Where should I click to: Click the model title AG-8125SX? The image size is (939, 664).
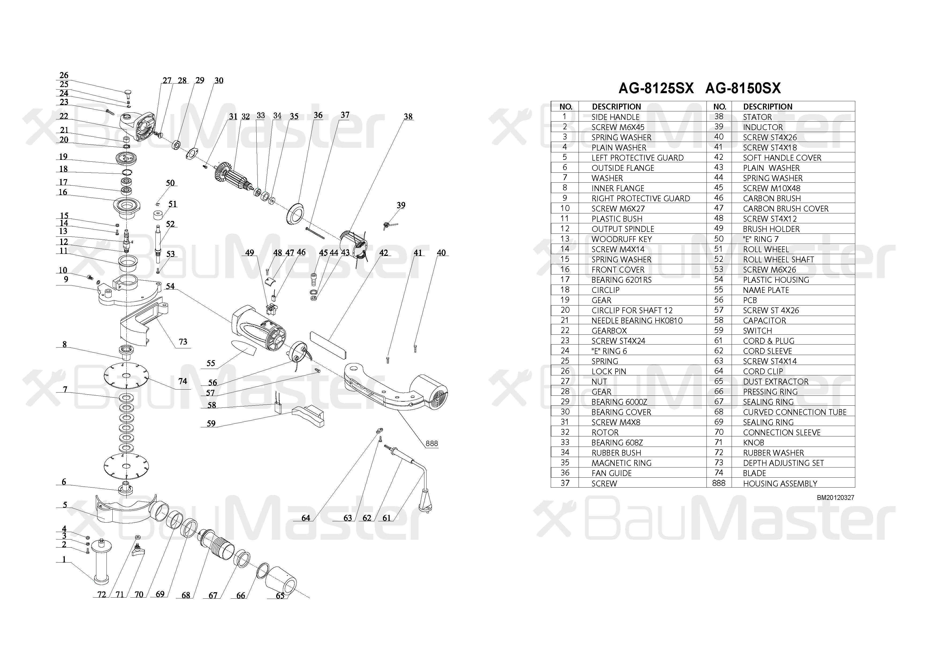[656, 88]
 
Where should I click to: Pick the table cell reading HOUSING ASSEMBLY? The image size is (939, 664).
[780, 484]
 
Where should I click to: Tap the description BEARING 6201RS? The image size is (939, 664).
[622, 280]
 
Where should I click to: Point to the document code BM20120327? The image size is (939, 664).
[835, 497]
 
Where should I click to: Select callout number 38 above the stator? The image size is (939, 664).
[408, 116]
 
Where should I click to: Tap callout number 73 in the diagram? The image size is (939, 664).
[183, 342]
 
